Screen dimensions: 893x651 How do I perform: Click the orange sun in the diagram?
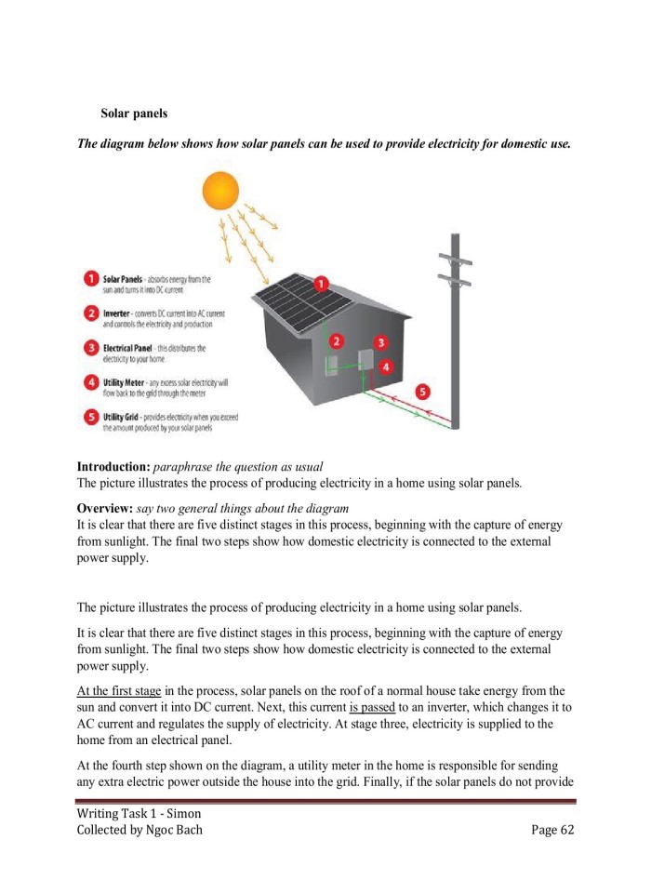(x=220, y=191)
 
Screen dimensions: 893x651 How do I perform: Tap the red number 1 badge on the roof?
(x=320, y=282)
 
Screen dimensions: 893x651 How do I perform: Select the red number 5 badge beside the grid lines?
(x=423, y=392)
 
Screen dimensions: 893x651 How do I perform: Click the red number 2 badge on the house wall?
(x=337, y=340)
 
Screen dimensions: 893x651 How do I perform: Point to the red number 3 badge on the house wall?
(x=379, y=342)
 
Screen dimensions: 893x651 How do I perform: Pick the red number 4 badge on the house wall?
(x=386, y=367)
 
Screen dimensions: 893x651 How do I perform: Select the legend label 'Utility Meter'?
(x=126, y=382)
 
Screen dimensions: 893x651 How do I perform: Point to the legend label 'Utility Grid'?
(x=124, y=417)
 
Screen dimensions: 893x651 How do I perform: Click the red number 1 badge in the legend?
(x=91, y=278)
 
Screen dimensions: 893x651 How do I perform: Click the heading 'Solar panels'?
(x=134, y=113)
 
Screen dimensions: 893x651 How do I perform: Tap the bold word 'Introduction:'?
(x=113, y=466)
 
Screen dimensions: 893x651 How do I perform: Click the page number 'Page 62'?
(x=552, y=830)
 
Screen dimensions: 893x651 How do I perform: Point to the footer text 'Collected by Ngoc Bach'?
(x=139, y=830)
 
